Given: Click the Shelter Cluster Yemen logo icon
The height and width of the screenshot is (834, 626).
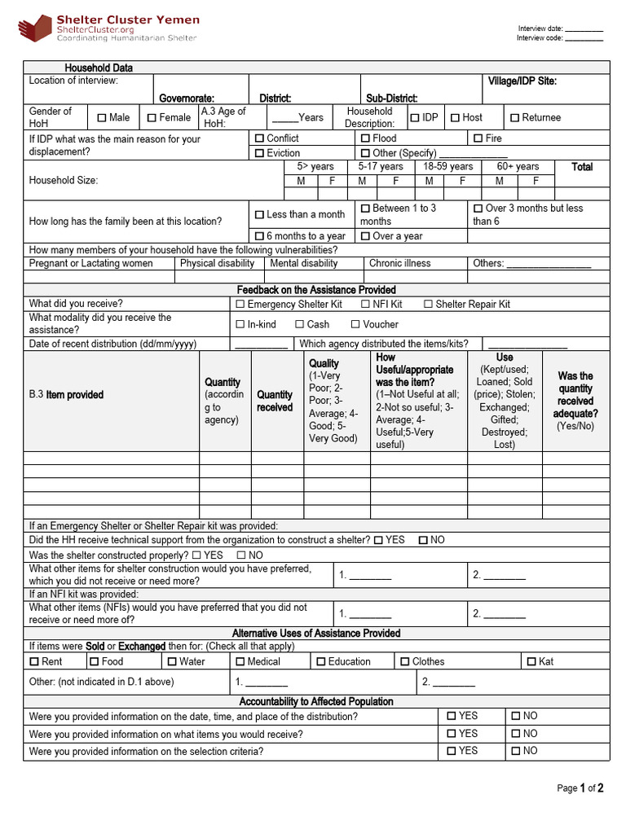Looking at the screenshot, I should [x=35, y=29].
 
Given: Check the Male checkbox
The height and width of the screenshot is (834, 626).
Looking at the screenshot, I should [x=102, y=118].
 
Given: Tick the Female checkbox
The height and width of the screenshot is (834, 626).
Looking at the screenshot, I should [x=152, y=118].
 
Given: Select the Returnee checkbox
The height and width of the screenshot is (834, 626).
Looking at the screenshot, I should [x=514, y=118].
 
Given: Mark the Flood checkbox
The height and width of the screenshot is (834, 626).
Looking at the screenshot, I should [x=366, y=138].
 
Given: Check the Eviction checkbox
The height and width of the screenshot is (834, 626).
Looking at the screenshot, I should [x=259, y=153].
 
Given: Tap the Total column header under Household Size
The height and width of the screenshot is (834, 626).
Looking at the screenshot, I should [x=582, y=167].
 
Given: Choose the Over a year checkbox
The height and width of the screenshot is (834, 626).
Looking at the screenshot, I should [x=366, y=236].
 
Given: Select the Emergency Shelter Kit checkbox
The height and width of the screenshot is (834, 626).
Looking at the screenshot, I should [x=240, y=305].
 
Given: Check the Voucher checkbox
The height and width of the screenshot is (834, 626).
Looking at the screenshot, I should [x=355, y=324].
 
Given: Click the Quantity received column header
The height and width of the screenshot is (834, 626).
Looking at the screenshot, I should [x=275, y=401].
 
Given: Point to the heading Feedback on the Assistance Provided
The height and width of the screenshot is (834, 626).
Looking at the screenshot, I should [x=316, y=290].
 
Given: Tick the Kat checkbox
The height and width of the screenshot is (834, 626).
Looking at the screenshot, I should [x=532, y=661].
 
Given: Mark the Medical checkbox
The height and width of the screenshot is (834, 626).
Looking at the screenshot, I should [x=240, y=661].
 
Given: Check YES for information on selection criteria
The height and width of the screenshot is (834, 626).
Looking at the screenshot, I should [x=452, y=751].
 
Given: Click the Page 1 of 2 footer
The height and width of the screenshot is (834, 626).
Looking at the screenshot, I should [x=580, y=788].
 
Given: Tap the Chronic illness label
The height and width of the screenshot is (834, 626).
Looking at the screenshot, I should [x=399, y=263].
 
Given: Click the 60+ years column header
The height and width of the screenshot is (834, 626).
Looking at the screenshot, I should [x=518, y=167].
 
